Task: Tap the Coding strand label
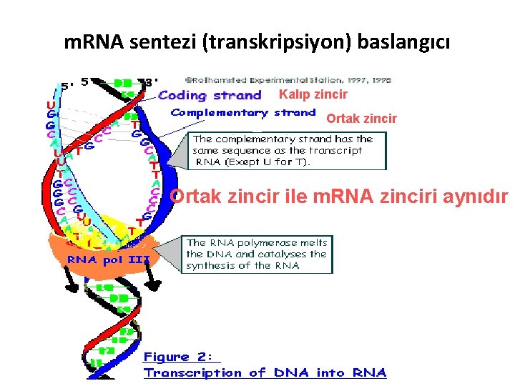click(x=210, y=95)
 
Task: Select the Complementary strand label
click(x=242, y=113)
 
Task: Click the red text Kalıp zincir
click(x=313, y=94)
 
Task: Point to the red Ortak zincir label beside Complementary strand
click(x=361, y=119)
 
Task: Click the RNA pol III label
click(x=108, y=259)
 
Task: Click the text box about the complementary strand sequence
click(x=287, y=150)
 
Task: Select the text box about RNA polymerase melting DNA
click(x=257, y=254)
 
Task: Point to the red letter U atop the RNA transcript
click(x=49, y=103)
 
